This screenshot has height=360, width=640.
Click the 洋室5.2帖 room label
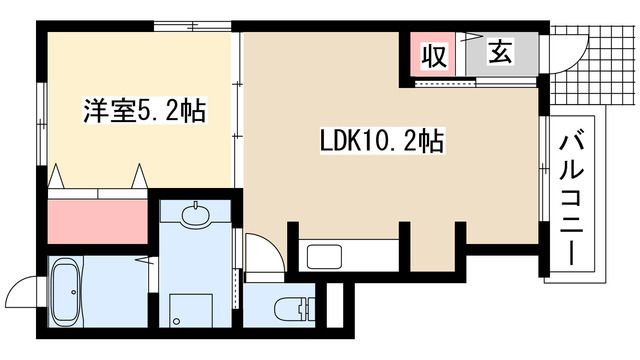[144, 110]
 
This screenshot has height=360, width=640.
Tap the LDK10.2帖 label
[382, 141]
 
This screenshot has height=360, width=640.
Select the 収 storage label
[434, 56]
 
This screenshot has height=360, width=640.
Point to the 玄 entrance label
[500, 52]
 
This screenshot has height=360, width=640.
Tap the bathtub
[65, 292]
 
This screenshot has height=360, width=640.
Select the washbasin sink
[196, 214]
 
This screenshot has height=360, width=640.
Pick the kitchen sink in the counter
[324, 257]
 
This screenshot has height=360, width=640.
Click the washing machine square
[191, 310]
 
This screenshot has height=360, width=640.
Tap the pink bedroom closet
[98, 222]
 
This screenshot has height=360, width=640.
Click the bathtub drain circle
[73, 292]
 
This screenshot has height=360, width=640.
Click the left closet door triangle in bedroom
[56, 176]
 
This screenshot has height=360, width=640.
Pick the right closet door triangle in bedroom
[140, 176]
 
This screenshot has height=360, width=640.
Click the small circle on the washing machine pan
[176, 321]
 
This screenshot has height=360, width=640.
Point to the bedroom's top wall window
[193, 26]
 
